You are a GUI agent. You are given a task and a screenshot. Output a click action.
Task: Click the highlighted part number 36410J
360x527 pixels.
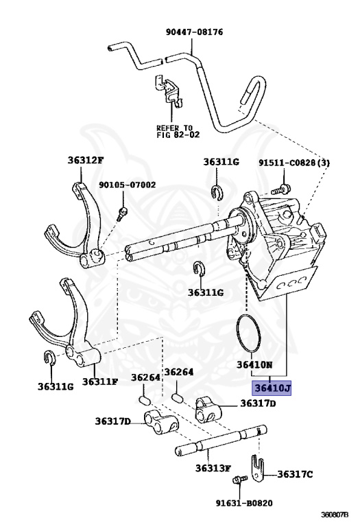tap(272, 388)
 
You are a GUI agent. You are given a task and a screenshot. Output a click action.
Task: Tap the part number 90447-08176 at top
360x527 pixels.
tap(194, 32)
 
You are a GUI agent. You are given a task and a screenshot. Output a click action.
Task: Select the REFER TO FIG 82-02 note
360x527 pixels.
tap(178, 132)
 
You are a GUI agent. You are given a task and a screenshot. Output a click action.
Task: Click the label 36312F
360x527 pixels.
tap(85, 160)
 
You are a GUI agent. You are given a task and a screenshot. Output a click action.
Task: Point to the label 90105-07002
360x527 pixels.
tap(127, 185)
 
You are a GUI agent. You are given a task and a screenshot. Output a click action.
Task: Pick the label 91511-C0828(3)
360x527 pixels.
tap(294, 163)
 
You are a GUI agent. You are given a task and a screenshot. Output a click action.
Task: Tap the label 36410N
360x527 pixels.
tap(254, 364)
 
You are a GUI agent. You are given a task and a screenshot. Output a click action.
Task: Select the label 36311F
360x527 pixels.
tap(100, 382)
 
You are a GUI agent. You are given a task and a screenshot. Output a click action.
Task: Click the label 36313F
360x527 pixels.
tap(213, 467)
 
